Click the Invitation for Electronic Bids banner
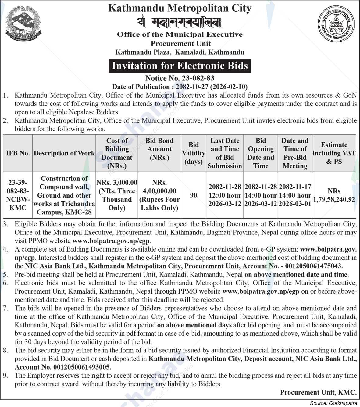click(180, 66)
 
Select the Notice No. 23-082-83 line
click(180, 78)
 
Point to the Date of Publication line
click(180, 87)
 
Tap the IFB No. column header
click(18, 153)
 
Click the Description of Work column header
click(64, 153)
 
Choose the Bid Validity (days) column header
click(193, 153)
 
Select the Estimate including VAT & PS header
click(334, 153)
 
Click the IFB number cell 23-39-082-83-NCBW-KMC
click(18, 195)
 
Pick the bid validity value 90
click(193, 195)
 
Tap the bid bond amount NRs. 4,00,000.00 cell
click(159, 195)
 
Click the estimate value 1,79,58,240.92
click(334, 200)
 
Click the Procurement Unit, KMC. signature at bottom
click(318, 392)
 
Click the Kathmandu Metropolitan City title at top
click(180, 8)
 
